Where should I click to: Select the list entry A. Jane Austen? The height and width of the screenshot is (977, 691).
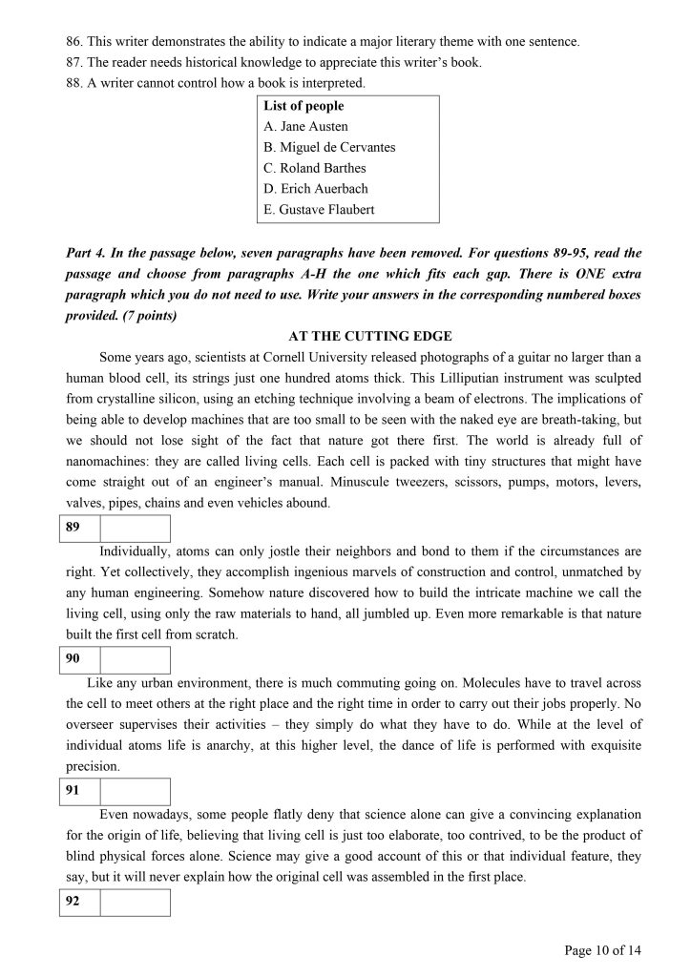click(305, 126)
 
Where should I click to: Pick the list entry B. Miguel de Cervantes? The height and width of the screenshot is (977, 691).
click(328, 147)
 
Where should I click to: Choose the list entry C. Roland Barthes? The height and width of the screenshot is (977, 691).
click(314, 168)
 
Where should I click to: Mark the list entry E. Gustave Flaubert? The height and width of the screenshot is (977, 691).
click(319, 210)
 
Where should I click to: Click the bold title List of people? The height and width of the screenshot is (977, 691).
click(304, 106)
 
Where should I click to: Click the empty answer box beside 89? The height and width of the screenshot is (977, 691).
click(135, 529)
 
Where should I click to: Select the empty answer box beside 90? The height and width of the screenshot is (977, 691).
click(135, 660)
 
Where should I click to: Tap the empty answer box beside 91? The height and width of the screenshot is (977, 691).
click(135, 791)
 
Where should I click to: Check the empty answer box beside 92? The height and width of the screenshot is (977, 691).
click(135, 903)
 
